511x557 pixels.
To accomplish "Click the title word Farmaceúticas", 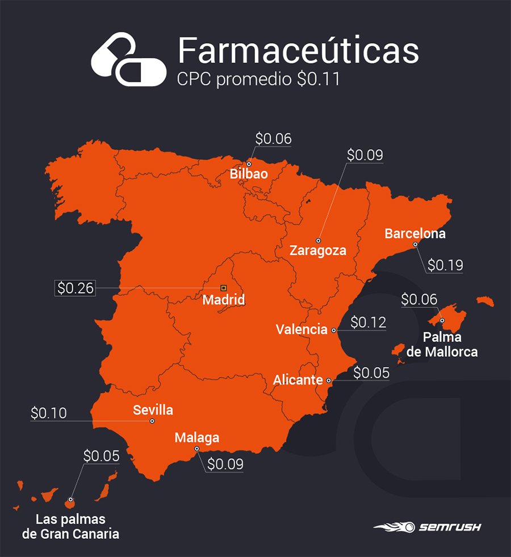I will pos(298,50).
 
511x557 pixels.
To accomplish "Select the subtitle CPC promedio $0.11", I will pos(259,79).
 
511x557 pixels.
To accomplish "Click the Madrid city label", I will pos(224,299).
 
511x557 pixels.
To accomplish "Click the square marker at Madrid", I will pos(223,288).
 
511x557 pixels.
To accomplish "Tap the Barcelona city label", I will pos(415,233).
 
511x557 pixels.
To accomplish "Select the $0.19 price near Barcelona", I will pos(445,265).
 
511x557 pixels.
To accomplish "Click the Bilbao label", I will pos(249,174).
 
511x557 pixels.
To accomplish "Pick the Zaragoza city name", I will pos(318,250).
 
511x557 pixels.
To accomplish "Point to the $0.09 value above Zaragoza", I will pos(365,155).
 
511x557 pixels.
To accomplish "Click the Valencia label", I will pos(301,329).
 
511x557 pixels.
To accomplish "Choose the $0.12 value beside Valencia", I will pos(368,323).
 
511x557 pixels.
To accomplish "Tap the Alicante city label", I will pos(298,380).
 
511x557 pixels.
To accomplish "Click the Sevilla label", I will pos(153,410).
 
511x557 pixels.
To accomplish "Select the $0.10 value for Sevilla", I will pos(49,413).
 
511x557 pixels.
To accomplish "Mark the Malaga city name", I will pos(196,437).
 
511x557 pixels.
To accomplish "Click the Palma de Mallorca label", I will pos(450,344).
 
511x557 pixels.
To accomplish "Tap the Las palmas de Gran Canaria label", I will pos(70,526).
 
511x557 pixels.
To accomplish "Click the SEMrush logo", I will pos(427,527).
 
